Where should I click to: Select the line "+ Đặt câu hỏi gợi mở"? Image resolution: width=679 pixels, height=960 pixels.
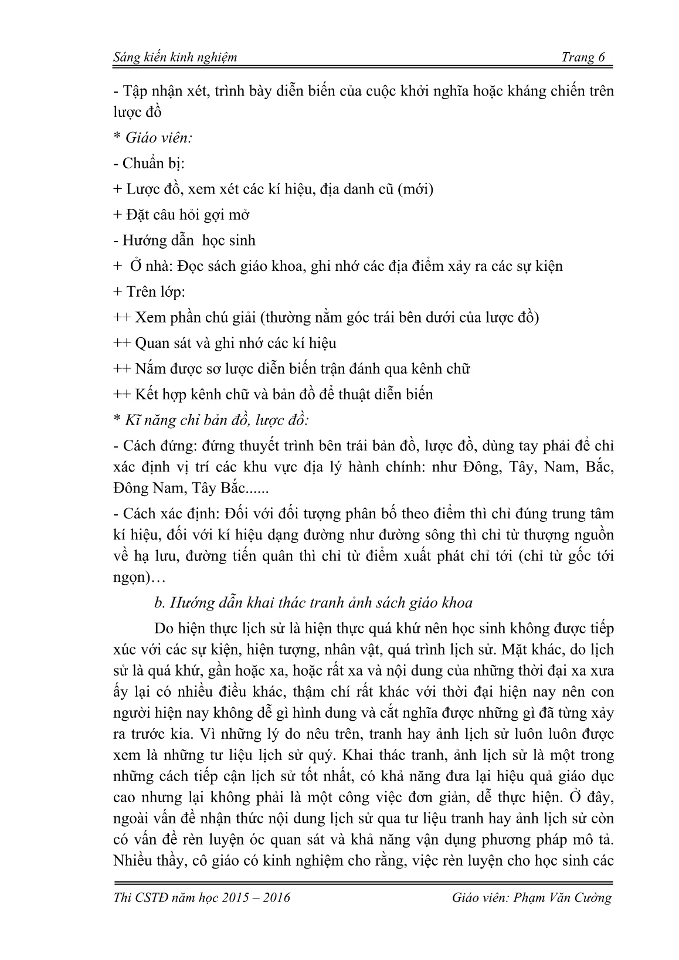tap(181, 215)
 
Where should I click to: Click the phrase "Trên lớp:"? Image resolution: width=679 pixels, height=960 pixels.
tap(154, 291)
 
